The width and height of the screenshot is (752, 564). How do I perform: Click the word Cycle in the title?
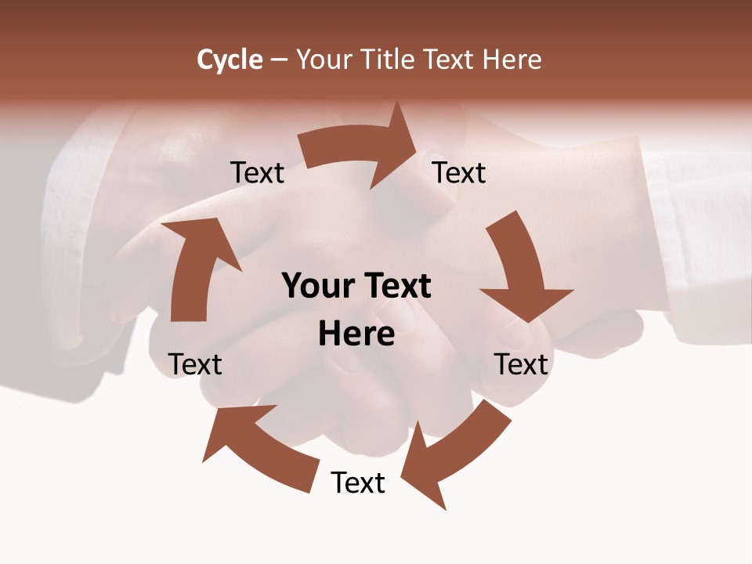pyautogui.click(x=230, y=60)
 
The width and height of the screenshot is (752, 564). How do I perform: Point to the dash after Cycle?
pyautogui.click(x=279, y=60)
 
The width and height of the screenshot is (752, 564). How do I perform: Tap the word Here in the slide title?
pyautogui.click(x=511, y=60)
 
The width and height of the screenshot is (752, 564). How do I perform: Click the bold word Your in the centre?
pyautogui.click(x=316, y=287)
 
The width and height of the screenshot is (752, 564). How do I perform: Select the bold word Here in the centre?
pyautogui.click(x=356, y=334)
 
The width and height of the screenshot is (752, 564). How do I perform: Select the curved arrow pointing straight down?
pyautogui.click(x=518, y=266)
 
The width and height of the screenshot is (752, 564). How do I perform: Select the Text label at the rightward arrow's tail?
pyautogui.click(x=258, y=173)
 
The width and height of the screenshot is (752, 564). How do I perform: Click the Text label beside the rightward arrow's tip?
pyautogui.click(x=459, y=172)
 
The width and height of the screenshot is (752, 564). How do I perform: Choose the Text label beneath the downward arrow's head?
pyautogui.click(x=522, y=364)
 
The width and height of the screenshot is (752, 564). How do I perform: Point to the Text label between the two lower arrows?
pyautogui.click(x=358, y=483)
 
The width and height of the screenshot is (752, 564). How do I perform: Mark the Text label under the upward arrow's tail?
pyautogui.click(x=196, y=364)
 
